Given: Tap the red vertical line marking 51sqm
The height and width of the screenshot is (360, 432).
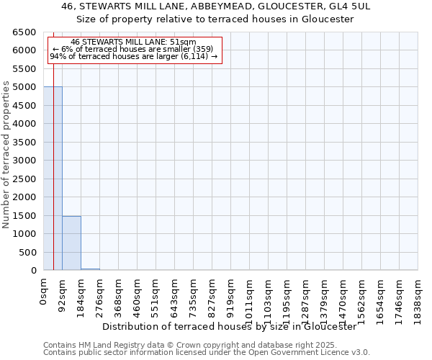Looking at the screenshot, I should click(54, 144).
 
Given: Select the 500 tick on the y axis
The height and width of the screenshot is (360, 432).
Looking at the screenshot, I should click(27, 252).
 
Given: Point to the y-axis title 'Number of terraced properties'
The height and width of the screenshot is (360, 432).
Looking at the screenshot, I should click(6, 155).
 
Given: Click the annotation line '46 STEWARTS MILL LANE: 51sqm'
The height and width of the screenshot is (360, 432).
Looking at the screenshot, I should click(134, 42).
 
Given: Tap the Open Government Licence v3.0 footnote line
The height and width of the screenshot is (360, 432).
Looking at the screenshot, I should click(207, 352).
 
